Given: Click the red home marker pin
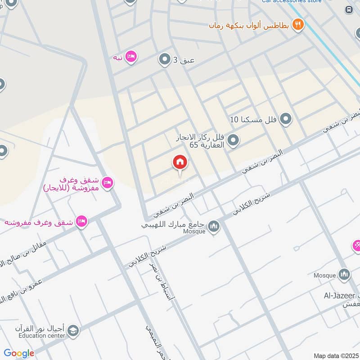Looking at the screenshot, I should pos(180,162).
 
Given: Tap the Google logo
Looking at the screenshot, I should pos(19,353).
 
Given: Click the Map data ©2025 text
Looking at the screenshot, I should pos(336,355).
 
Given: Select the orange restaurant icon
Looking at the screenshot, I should pos(297,24).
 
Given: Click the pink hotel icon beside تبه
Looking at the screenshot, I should pos(131,57).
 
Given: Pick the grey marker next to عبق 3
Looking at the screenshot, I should pos(165,59).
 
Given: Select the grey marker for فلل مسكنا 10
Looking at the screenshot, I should pos(285,119).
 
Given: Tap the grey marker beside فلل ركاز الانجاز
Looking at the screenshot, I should pos(233,141).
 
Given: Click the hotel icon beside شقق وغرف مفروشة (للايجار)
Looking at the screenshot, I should pos(107,182).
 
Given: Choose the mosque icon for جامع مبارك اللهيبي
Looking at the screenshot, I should pos(214,226).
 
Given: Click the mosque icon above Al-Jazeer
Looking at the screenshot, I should pos(344,274).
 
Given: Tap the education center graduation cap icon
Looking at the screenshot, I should pos(72,331).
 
